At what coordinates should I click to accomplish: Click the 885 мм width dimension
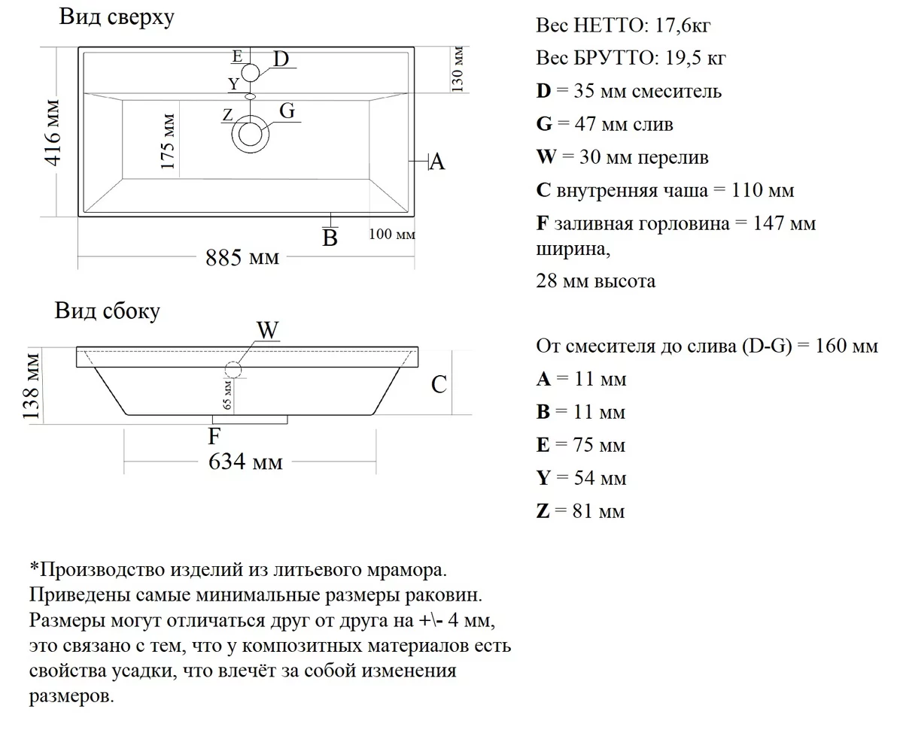(242, 258)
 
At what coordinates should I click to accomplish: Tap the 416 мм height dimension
(53, 132)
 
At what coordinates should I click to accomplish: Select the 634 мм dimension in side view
(245, 461)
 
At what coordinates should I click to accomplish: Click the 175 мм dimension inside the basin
(168, 141)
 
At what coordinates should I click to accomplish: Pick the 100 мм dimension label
(392, 235)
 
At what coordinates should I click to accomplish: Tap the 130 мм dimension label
(458, 68)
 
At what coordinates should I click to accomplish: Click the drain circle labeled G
(251, 135)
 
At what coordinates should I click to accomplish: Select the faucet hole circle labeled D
(251, 73)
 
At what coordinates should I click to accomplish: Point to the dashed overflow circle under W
(233, 370)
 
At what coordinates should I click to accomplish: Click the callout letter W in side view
(268, 331)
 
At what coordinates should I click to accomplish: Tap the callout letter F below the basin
(214, 436)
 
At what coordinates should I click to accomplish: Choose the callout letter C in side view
(439, 385)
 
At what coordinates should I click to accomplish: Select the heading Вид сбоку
(107, 310)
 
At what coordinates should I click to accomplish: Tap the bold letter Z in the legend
(543, 512)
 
